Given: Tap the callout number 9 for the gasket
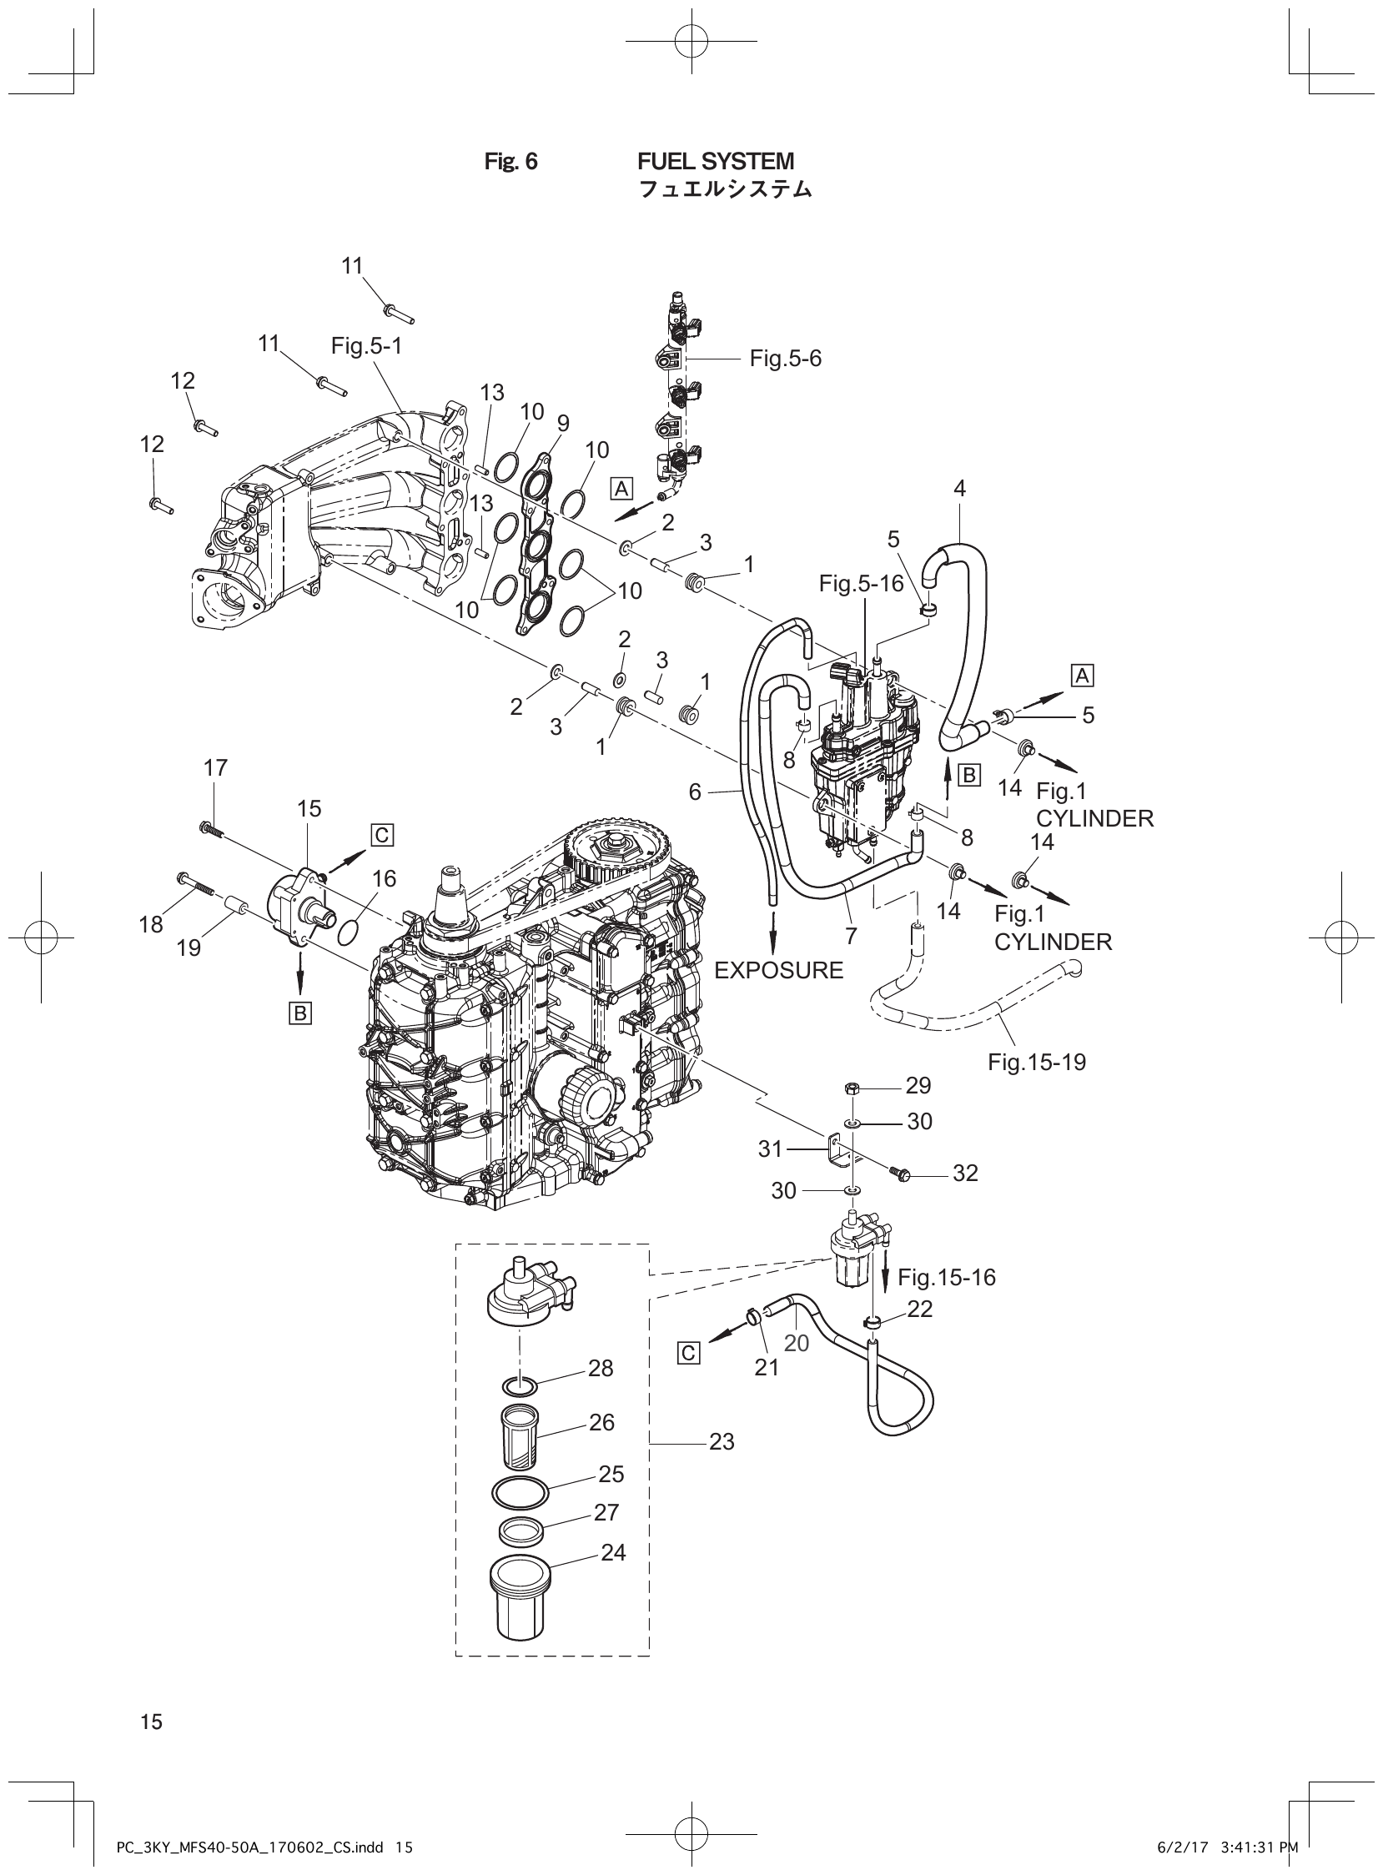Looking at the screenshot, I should tap(562, 424).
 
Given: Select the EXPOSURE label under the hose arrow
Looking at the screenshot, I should tap(778, 970).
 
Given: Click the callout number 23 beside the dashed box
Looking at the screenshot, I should tap(722, 1441).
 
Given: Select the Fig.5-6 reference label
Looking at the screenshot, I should tap(785, 359).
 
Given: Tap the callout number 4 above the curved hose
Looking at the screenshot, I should tap(960, 489).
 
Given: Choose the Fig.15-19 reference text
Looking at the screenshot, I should tap(1036, 1063).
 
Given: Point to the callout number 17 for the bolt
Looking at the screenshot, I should tap(215, 767).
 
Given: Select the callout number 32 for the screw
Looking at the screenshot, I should tap(965, 1174).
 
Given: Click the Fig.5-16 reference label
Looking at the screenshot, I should tap(862, 583).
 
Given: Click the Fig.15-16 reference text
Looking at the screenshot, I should tap(947, 1277).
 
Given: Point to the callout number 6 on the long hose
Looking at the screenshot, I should tap(695, 791).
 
